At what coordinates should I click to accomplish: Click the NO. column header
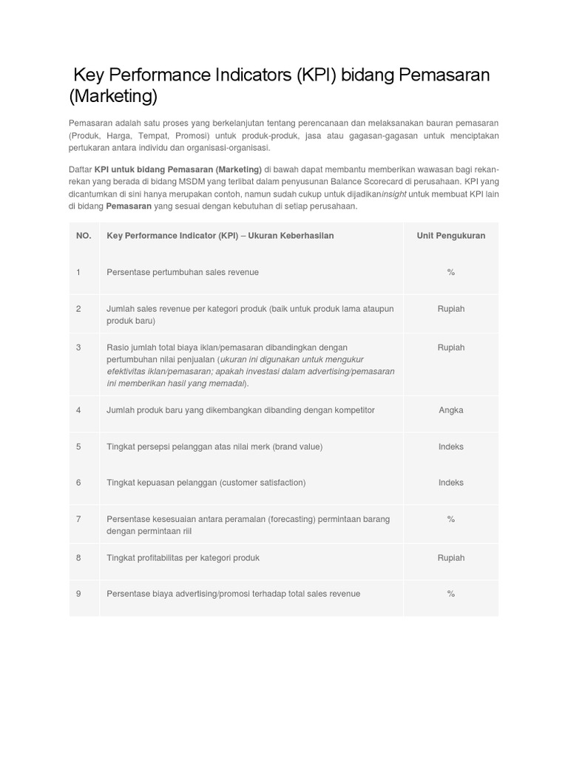pos(84,236)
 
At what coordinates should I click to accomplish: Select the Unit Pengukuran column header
pos(451,236)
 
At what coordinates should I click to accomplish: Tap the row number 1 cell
pos(78,273)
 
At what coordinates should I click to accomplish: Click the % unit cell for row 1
pos(451,273)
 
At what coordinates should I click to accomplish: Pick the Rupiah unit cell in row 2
pos(451,309)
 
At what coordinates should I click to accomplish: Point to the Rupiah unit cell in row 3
pos(451,347)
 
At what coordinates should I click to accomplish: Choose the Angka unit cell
pos(451,410)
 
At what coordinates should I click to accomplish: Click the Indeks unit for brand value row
pos(451,447)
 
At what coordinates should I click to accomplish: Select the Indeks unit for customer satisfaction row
pos(451,483)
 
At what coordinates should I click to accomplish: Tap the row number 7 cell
pos(78,519)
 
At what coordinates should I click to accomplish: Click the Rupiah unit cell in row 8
pos(451,558)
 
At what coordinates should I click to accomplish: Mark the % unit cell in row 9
pos(451,594)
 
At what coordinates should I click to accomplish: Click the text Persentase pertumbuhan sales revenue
pos(183,273)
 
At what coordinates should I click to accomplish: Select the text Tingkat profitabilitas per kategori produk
pos(183,558)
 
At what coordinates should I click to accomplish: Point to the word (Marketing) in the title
pos(114,97)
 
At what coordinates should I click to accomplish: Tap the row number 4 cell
pos(78,410)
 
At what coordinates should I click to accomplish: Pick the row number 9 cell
pos(78,594)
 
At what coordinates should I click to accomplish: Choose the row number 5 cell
pos(78,447)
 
